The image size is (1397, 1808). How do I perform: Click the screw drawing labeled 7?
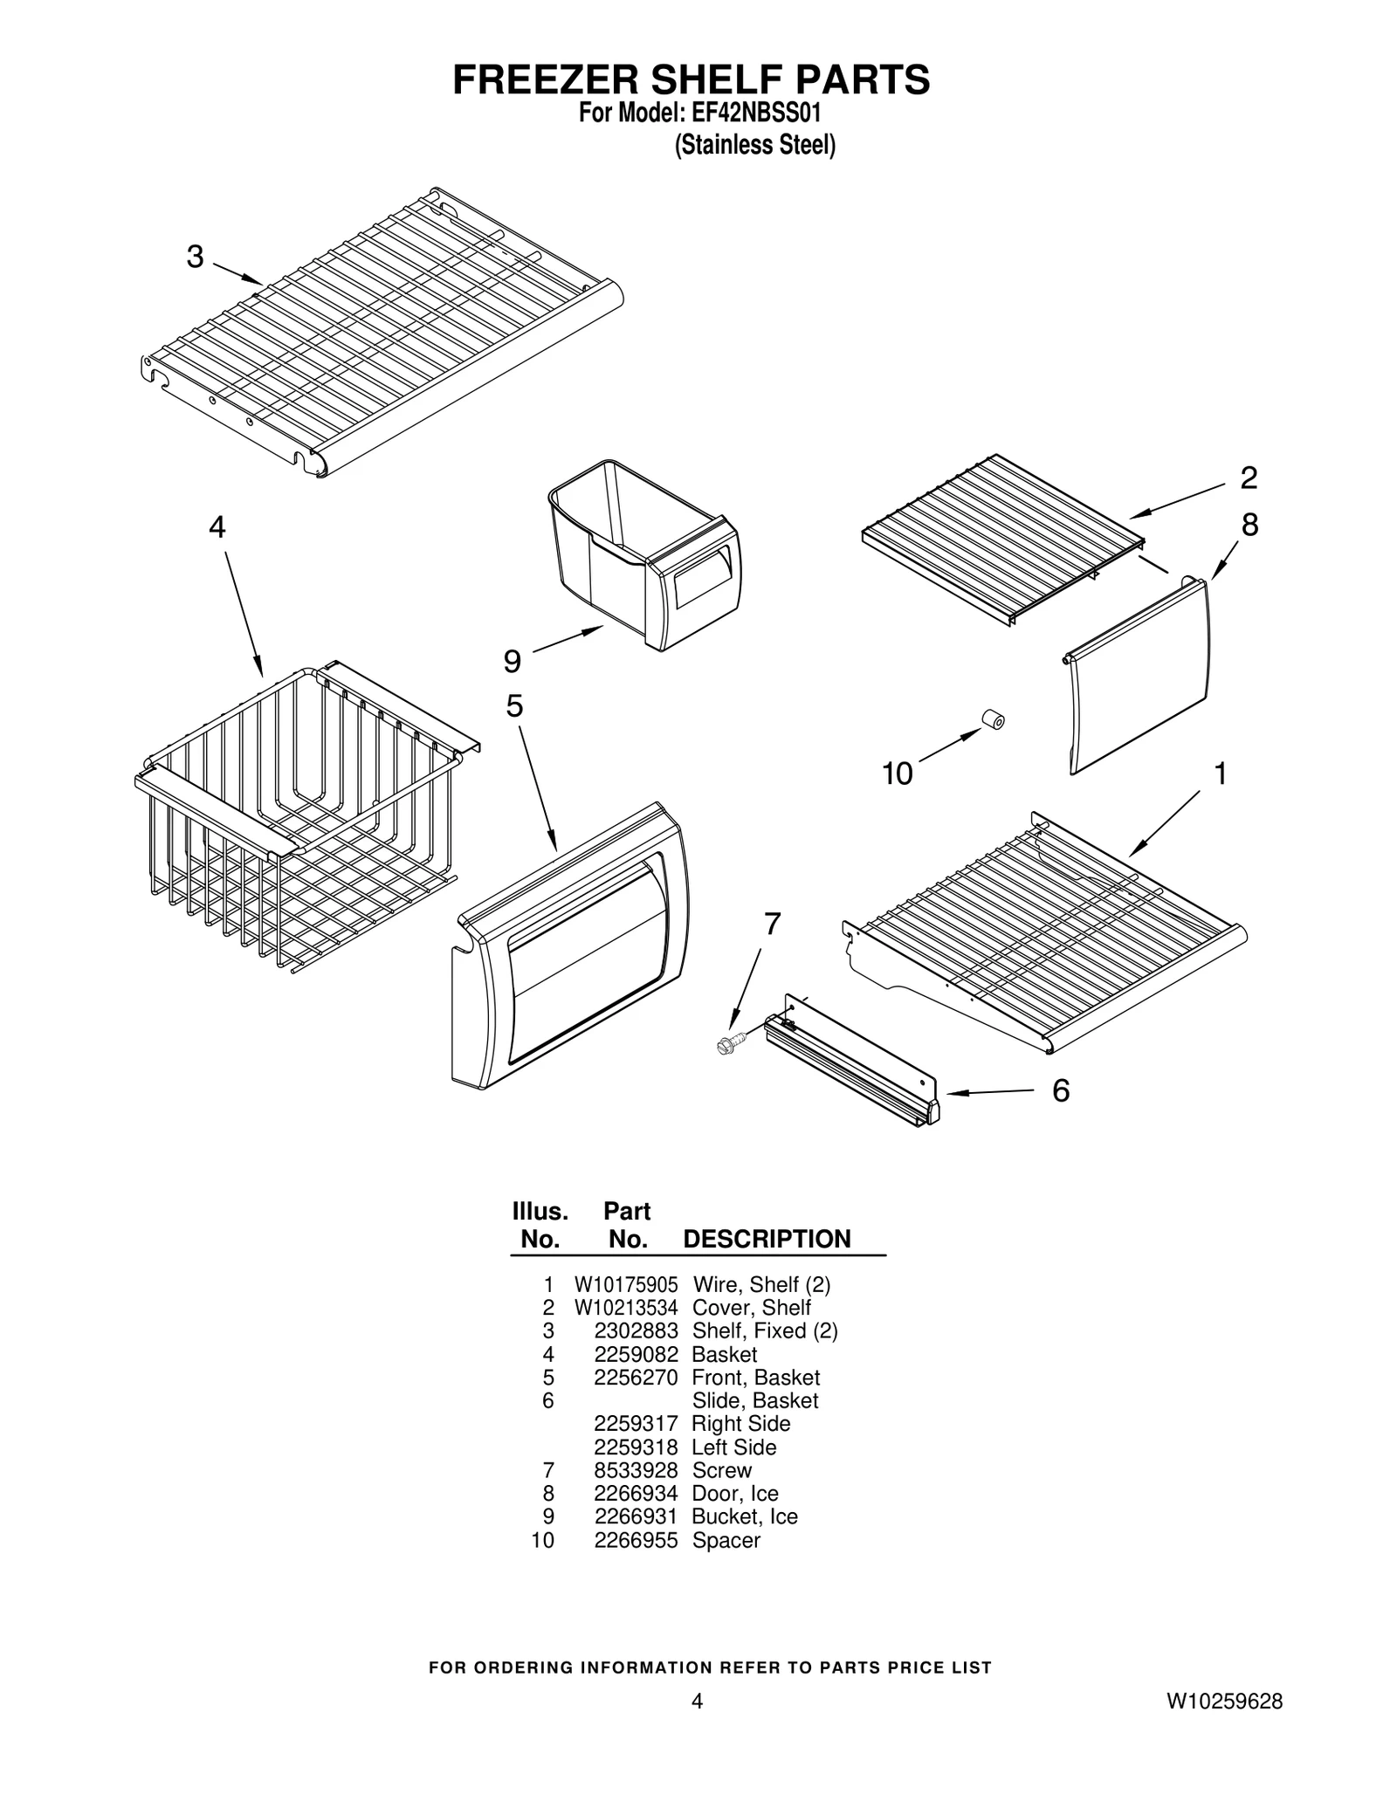[x=730, y=1042]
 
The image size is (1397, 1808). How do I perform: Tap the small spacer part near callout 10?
[x=993, y=719]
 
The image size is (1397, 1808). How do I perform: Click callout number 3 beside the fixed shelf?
[x=195, y=257]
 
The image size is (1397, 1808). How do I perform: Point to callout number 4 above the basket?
[x=217, y=527]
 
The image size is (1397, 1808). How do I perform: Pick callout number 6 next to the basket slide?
[x=1060, y=1090]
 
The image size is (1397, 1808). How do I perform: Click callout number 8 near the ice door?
[x=1249, y=525]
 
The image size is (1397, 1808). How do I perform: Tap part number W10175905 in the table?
[x=625, y=1285]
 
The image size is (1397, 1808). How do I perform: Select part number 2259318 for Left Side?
[x=636, y=1447]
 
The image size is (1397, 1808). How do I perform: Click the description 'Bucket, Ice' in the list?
[x=744, y=1516]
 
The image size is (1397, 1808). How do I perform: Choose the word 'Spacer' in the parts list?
[x=726, y=1540]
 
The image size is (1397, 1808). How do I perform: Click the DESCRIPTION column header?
[x=766, y=1239]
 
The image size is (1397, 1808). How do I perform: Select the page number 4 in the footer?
[x=696, y=1701]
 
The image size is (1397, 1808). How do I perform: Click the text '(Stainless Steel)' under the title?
[x=754, y=145]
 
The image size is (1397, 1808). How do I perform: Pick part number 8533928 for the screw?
[x=636, y=1470]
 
